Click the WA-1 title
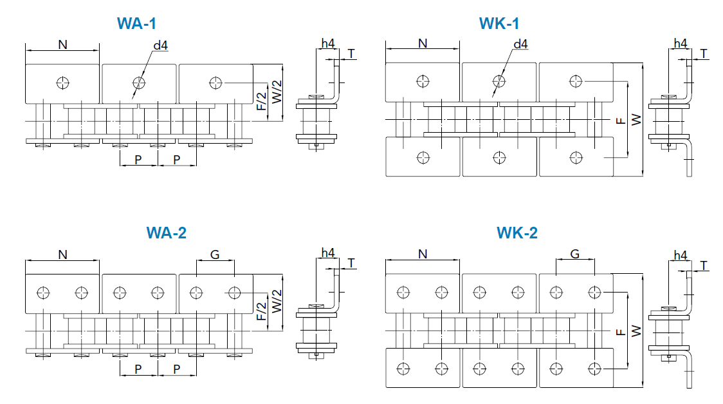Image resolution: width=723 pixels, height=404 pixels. (x=136, y=24)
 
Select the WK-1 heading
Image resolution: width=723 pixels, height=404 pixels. (x=499, y=24)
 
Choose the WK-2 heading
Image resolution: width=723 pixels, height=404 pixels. (x=517, y=233)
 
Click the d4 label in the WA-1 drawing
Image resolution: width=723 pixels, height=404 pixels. (x=161, y=45)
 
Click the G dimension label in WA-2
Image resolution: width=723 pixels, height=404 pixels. (x=215, y=255)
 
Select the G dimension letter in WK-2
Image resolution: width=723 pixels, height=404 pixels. (x=574, y=254)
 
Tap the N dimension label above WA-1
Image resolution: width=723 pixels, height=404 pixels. (x=62, y=44)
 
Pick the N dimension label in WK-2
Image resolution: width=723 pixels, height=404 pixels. (x=423, y=254)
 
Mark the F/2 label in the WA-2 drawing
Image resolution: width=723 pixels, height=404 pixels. (x=261, y=311)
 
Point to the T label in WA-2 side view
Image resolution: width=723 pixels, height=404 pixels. (x=351, y=263)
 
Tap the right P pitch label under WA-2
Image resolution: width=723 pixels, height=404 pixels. (x=177, y=369)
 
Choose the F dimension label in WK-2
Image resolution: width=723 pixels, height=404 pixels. (x=619, y=331)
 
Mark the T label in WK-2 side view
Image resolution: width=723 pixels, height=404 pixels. (x=704, y=265)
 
